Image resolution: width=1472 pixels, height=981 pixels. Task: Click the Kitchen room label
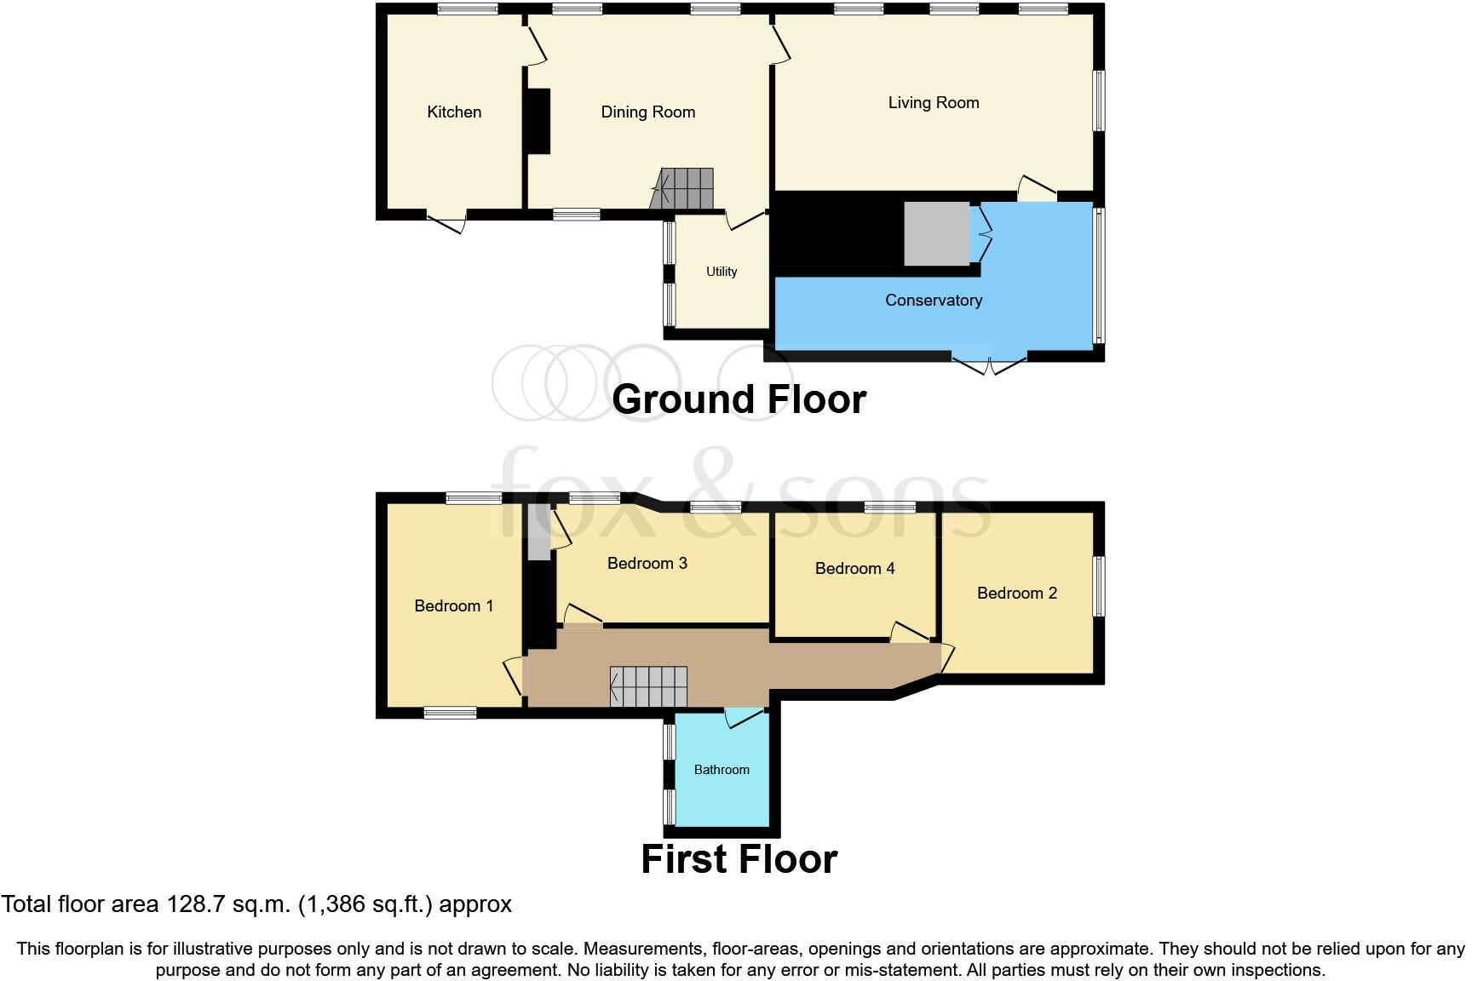[x=454, y=112]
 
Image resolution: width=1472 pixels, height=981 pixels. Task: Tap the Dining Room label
[x=647, y=112]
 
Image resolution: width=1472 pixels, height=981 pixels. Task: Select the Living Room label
[x=933, y=103]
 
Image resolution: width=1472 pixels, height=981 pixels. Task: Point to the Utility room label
[x=722, y=272]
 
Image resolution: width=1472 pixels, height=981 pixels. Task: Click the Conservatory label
[x=933, y=301]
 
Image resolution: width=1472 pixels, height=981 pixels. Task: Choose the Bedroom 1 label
[x=453, y=606]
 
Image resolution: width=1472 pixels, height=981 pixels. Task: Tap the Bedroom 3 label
[x=647, y=564]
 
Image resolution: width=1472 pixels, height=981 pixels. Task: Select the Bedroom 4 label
[x=854, y=569]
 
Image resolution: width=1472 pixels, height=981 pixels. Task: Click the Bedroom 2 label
[x=1016, y=594]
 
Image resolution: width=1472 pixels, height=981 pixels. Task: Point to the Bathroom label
[x=722, y=770]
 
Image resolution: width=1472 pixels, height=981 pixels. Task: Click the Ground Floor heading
[x=739, y=399]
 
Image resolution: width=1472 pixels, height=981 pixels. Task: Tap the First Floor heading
[x=739, y=859]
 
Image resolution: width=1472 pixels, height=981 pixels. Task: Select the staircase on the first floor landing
[x=649, y=686]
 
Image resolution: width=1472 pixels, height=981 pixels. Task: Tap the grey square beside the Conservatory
[x=936, y=233]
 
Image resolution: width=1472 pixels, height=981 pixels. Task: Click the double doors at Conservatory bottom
[x=989, y=364]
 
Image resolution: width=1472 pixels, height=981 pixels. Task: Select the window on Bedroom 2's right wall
[x=1099, y=586]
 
